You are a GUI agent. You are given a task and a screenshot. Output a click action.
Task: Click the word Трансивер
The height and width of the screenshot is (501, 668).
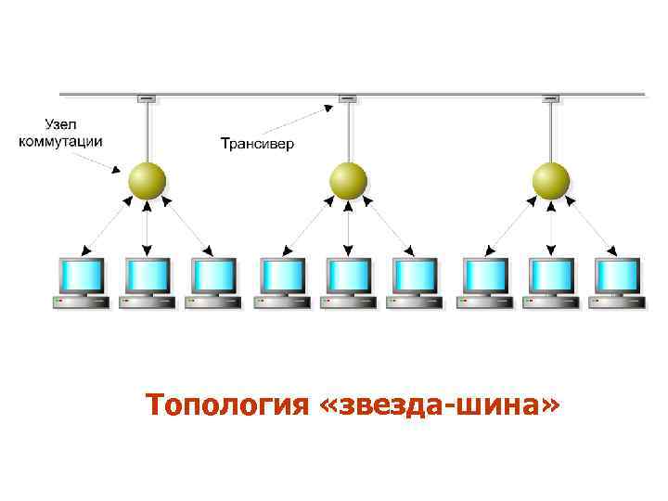tap(257, 145)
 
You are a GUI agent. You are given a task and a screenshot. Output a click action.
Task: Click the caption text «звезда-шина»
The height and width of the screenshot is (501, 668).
tap(440, 405)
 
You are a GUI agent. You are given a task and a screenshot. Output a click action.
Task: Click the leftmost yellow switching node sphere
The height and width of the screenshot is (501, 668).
tap(146, 179)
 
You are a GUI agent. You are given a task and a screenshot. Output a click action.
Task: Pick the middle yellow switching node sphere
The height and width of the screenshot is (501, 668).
tap(348, 179)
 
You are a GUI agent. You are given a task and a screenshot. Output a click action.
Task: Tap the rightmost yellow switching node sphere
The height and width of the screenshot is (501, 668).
tap(550, 179)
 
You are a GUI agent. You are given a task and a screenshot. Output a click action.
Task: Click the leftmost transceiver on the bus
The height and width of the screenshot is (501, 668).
tap(146, 97)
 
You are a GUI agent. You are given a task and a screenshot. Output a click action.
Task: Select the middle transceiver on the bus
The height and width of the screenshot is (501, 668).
tap(348, 97)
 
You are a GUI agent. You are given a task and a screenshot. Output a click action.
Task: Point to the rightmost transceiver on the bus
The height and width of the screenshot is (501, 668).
tap(550, 97)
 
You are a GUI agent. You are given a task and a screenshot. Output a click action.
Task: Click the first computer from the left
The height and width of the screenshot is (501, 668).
tap(81, 283)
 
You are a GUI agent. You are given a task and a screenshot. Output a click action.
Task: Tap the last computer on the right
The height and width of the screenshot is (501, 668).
tap(616, 283)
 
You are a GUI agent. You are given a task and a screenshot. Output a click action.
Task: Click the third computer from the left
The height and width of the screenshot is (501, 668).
tap(214, 283)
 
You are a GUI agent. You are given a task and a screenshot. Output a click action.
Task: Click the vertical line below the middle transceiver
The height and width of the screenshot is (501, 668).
tap(348, 130)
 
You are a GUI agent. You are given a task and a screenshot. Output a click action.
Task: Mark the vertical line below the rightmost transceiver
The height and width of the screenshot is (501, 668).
tap(550, 130)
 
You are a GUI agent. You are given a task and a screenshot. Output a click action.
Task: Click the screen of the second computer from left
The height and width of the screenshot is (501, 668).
tap(148, 276)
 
